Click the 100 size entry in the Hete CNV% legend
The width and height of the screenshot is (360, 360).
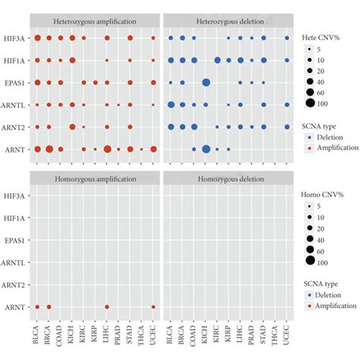click(313, 101)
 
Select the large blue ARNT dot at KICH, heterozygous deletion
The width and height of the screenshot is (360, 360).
click(206, 150)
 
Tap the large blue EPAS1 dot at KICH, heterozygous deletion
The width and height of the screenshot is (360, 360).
click(206, 83)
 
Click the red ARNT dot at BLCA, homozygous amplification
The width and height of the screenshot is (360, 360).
click(37, 307)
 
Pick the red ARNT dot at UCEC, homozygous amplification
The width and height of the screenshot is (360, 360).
click(153, 307)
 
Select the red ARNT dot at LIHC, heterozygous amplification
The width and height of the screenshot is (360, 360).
click(107, 150)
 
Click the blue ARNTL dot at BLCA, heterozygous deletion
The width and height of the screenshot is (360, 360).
click(172, 105)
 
